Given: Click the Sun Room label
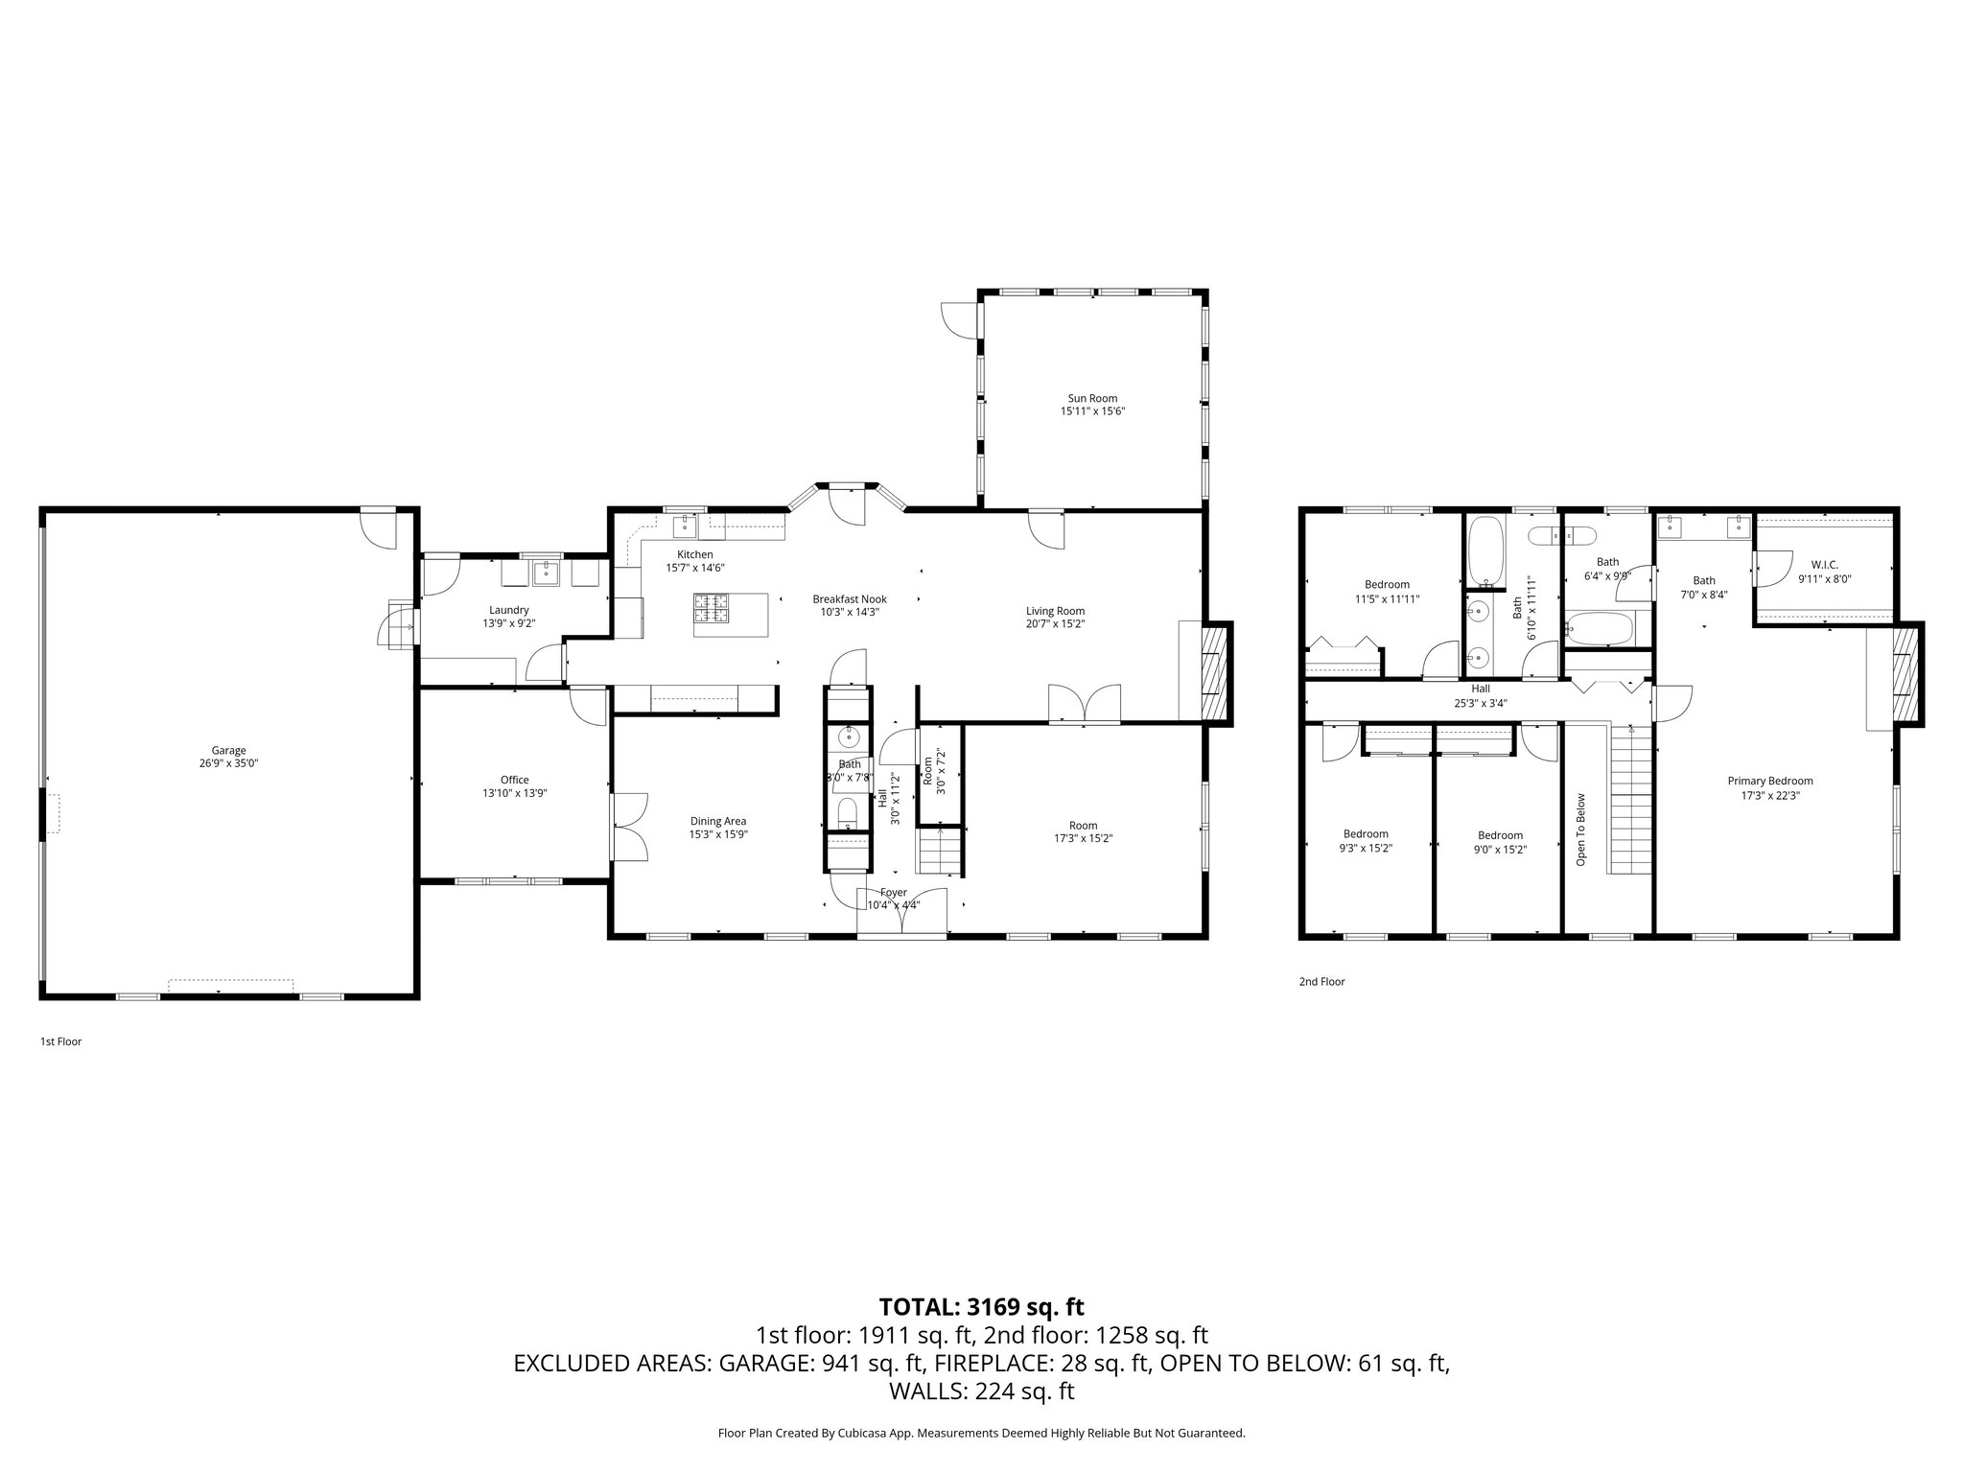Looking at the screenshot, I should tap(1092, 398).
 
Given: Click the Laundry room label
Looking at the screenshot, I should tap(508, 610).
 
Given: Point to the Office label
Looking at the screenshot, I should tap(514, 780).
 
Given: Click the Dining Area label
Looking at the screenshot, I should tap(717, 821).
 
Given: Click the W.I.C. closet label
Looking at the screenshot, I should tap(1824, 564).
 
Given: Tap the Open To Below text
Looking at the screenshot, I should tap(1581, 830).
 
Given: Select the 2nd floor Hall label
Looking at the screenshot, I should tap(1481, 689).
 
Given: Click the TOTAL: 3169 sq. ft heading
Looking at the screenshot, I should tap(981, 1306).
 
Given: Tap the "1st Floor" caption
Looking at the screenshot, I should tap(60, 1041).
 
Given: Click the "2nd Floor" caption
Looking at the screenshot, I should tap(1321, 982).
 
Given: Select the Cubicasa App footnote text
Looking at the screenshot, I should tap(981, 1433).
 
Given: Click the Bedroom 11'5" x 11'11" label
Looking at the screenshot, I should tap(1387, 585).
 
